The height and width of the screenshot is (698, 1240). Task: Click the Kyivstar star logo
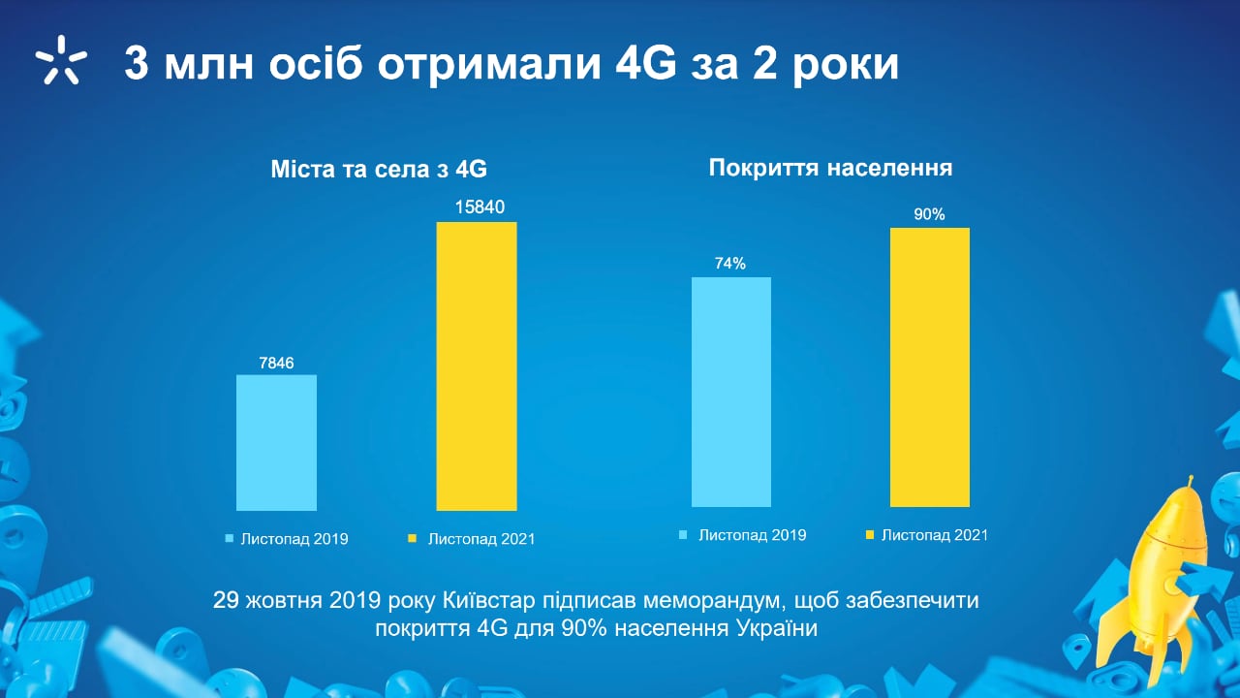click(61, 60)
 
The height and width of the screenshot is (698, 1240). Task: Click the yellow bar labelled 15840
click(477, 366)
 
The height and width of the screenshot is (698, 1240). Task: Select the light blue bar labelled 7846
click(277, 443)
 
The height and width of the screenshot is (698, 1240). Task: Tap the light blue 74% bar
click(731, 393)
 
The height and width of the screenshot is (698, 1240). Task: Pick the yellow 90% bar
click(930, 367)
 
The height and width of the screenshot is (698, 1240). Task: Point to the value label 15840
click(480, 207)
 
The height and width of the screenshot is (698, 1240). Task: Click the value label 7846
click(276, 363)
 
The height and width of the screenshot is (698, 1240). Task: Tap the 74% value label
click(730, 263)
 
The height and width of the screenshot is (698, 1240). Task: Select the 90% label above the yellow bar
click(929, 214)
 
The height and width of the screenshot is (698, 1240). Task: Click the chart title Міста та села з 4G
click(379, 169)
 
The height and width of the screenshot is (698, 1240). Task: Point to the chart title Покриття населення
click(830, 168)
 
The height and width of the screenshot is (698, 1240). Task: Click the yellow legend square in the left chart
click(412, 538)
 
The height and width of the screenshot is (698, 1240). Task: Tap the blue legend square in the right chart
click(683, 534)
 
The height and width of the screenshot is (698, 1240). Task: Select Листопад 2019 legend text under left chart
click(294, 539)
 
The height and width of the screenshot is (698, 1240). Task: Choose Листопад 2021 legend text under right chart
click(935, 535)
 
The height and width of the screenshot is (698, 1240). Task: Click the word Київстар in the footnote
click(489, 600)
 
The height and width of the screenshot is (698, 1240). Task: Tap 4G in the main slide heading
click(646, 64)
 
